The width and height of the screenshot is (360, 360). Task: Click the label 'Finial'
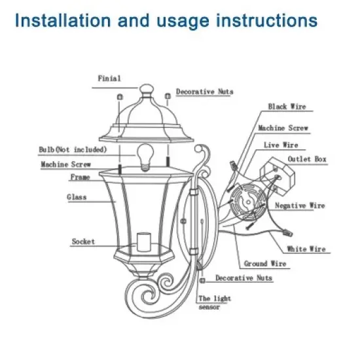tap(109, 78)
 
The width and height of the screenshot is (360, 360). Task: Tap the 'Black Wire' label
tap(287, 106)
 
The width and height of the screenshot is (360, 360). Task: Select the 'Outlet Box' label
tap(306, 159)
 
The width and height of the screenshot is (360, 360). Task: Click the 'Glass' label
tap(77, 196)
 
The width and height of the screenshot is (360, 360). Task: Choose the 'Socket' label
tap(83, 242)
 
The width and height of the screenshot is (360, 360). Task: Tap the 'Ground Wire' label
tap(264, 264)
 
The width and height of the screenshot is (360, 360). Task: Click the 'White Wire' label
tap(306, 249)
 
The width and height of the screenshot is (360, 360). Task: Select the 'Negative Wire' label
tap(300, 206)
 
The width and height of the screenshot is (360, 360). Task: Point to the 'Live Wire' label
tap(281, 144)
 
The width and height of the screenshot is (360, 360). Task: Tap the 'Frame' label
tap(80, 177)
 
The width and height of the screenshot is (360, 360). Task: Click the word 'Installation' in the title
tap(61, 20)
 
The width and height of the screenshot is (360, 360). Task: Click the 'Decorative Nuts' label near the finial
tap(204, 92)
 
